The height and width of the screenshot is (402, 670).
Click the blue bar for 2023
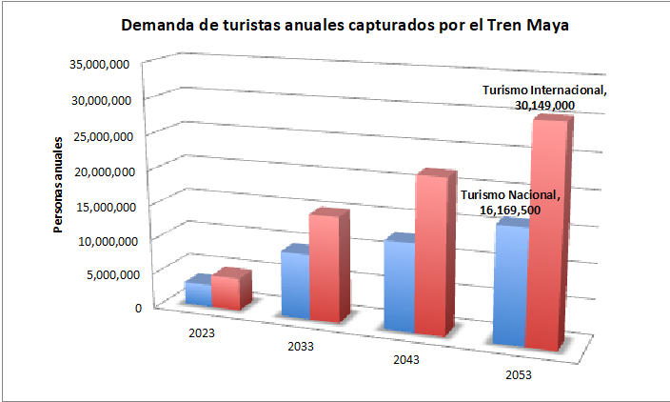pos(198,293)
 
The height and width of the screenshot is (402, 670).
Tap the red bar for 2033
pos(324,270)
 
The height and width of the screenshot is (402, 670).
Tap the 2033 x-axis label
pos(302,346)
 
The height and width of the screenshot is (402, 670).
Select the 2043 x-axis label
pos(406,360)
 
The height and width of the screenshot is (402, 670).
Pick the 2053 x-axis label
pos(519,375)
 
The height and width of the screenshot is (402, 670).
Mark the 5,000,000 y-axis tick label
pos(112,274)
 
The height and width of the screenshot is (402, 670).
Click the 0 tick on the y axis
pos(138,307)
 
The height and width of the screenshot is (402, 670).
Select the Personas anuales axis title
pos(58,189)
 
